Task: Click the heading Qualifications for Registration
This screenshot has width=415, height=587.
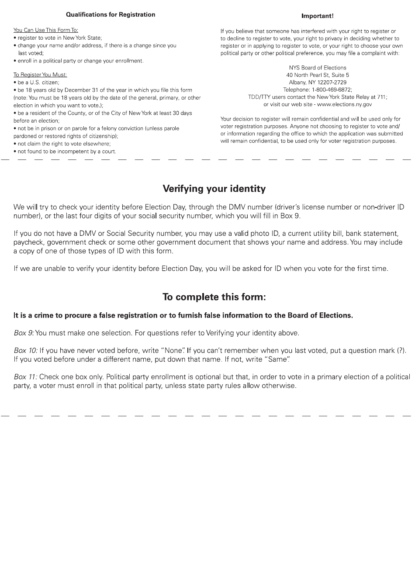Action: coord(111,14)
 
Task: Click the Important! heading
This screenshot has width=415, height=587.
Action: coord(317,16)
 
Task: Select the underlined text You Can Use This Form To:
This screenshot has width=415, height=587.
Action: coord(46,30)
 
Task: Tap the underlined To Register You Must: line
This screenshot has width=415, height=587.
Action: coord(40,75)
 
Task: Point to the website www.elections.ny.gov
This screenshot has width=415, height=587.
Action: coord(344,104)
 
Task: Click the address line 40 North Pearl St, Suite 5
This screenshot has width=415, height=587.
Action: coord(318,75)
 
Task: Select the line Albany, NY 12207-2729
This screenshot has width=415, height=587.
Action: coord(318,82)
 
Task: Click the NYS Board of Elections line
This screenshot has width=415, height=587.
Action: coord(318,68)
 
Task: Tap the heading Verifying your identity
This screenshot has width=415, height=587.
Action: coord(214,189)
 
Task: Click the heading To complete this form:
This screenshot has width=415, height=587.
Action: coord(214,297)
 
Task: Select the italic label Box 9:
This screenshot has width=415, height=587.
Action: coord(24,333)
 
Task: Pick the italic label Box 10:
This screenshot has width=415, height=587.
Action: coord(26,350)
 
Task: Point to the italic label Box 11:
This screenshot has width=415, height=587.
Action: coord(25,376)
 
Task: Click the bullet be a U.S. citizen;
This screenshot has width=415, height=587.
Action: coord(38,82)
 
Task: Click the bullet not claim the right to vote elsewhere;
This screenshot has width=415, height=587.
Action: coord(64,144)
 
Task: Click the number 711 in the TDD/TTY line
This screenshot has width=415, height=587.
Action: coord(381,97)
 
